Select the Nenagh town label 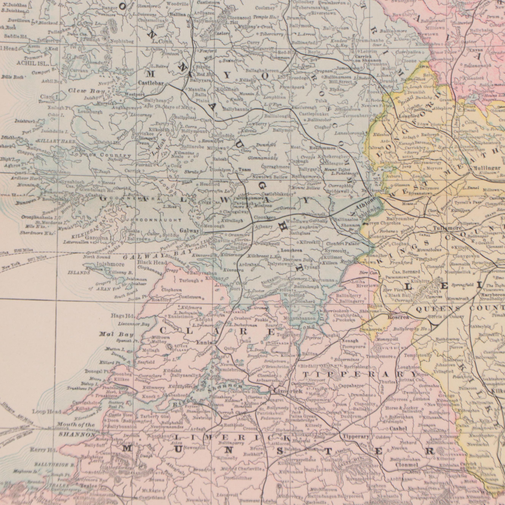pyautogui.click(x=350, y=341)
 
